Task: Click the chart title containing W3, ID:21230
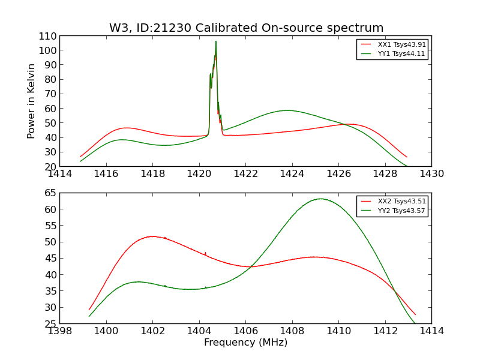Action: pos(246,28)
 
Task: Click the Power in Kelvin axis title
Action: pos(32,101)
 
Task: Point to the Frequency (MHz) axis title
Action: pos(245,343)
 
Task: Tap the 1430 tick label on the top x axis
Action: pos(431,174)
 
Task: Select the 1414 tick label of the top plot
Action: pos(60,174)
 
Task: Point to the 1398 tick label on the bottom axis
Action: pos(60,331)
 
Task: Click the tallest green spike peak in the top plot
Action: pos(216,41)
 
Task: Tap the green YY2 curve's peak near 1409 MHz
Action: pos(320,199)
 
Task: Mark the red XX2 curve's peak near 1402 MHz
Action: pos(152,236)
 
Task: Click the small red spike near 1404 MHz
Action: pos(205,253)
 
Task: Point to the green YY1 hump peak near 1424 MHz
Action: pos(288,110)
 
